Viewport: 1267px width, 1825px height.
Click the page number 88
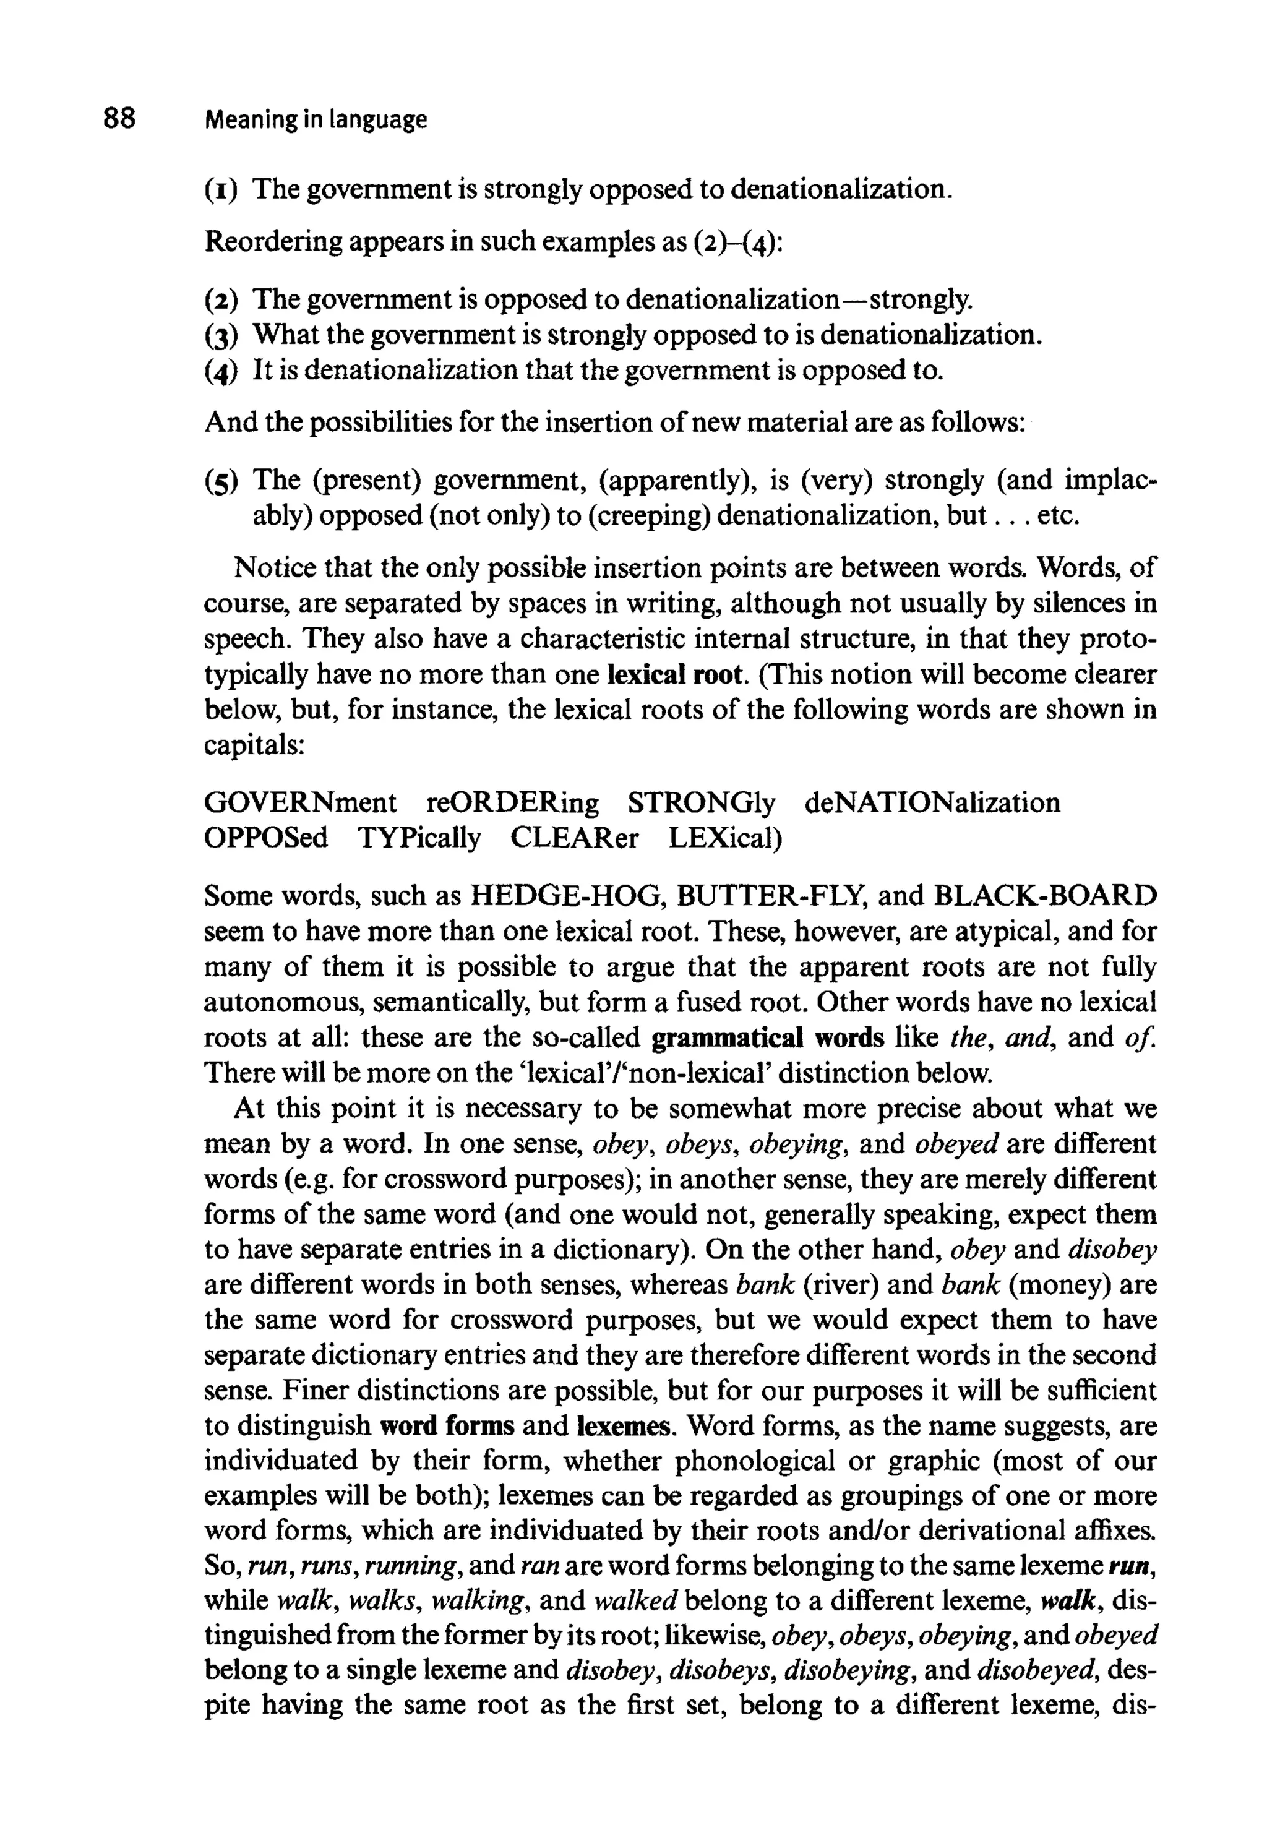tap(119, 119)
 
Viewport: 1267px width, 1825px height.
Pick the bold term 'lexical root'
tap(676, 675)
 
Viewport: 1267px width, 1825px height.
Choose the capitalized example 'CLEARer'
tap(573, 838)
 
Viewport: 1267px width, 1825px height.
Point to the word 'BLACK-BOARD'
tap(1046, 896)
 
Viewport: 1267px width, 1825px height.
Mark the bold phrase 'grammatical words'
tap(767, 1038)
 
